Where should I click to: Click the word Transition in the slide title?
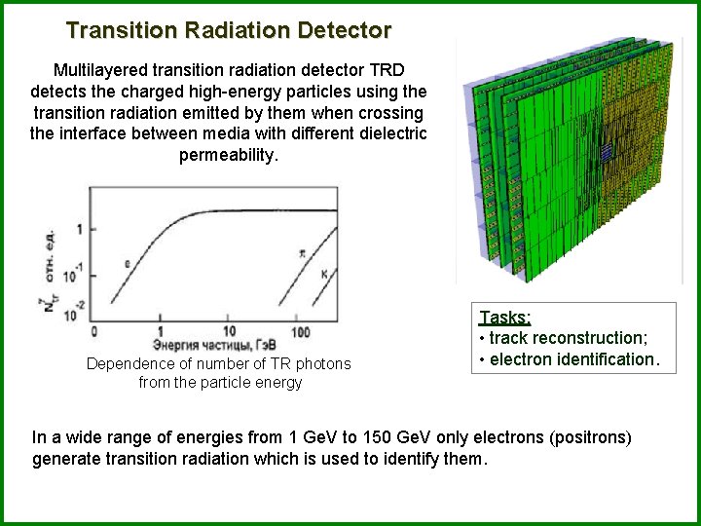(x=117, y=30)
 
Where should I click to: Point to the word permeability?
(x=229, y=156)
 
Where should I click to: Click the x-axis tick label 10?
(x=229, y=331)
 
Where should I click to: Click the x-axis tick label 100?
(x=300, y=331)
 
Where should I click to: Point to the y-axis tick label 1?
(x=79, y=228)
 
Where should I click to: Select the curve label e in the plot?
(x=127, y=263)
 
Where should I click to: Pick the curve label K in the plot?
(x=324, y=275)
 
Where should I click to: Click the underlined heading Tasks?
(x=504, y=319)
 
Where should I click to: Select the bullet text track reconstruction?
(x=568, y=338)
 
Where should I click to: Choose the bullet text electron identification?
(x=573, y=358)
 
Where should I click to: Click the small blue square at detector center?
(x=605, y=152)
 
